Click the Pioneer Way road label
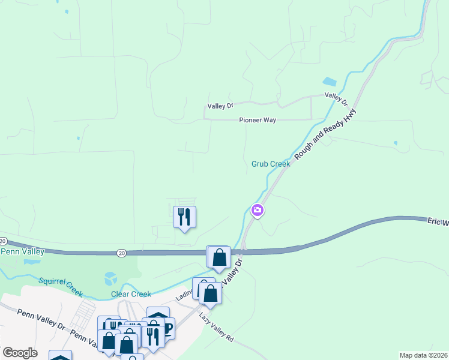(258, 120)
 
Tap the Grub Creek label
(270, 163)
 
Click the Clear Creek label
(131, 294)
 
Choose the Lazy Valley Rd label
(217, 328)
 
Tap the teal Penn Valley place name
(22, 252)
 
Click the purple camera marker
(257, 210)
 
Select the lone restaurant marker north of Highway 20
(184, 217)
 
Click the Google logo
(20, 353)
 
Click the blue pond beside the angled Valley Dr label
(330, 82)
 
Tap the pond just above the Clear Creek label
(110, 278)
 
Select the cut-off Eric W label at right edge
(438, 222)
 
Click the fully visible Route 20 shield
(121, 254)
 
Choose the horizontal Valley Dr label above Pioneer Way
(220, 106)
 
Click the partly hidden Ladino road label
(184, 295)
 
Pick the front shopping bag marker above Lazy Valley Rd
(210, 294)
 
